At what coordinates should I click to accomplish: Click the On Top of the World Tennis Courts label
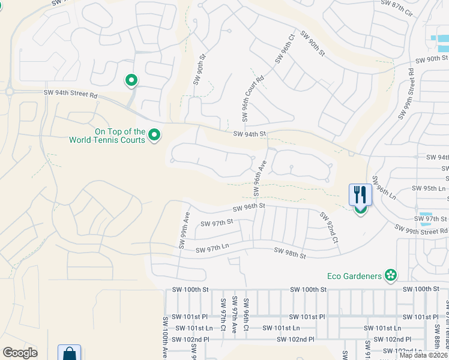[107, 136]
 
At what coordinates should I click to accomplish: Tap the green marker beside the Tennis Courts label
[154, 136]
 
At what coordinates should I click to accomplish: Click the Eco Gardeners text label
[354, 276]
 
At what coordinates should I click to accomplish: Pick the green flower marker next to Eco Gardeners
[391, 275]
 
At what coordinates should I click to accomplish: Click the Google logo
[20, 353]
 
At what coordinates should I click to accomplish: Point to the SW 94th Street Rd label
[70, 94]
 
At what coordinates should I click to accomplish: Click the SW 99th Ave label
[184, 230]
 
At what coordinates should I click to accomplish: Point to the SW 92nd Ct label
[330, 227]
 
